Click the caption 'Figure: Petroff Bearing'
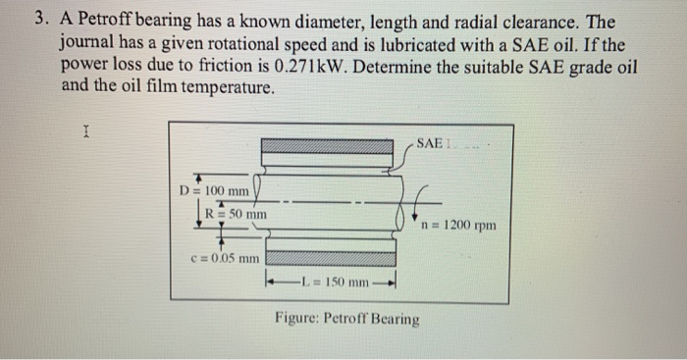point(347,319)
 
